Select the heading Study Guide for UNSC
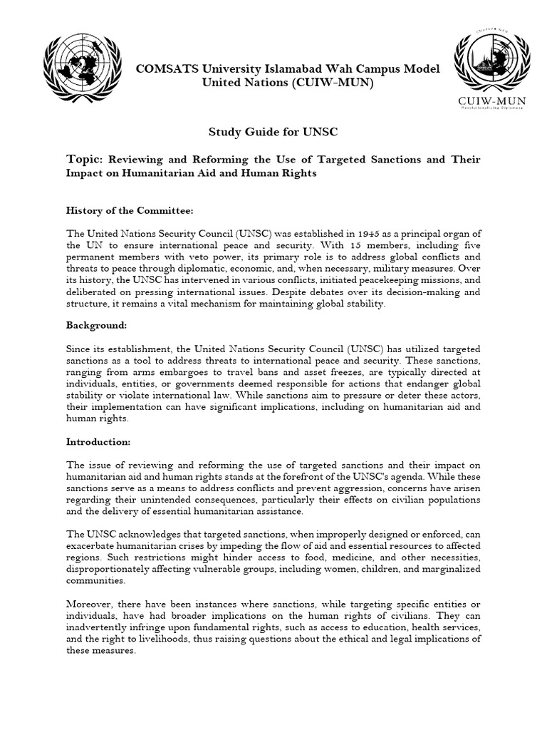point(273,133)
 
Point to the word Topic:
point(85,159)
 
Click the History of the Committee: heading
point(130,210)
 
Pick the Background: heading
point(96,325)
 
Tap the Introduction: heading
point(98,441)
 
